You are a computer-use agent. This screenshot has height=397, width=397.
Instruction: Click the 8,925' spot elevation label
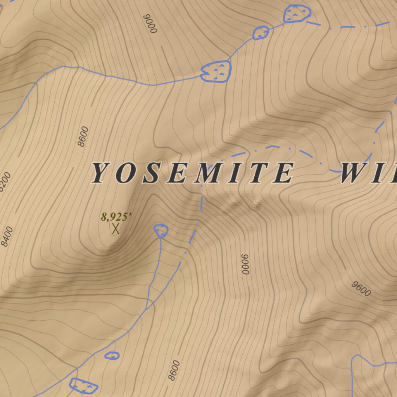tap(113, 216)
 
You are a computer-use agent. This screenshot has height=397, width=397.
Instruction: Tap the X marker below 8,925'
tap(115, 229)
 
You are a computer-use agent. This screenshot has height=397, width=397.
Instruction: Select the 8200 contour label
tap(5, 181)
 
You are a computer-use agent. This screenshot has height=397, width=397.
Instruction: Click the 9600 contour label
tap(361, 289)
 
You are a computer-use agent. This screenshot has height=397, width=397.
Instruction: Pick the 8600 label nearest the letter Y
tap(83, 136)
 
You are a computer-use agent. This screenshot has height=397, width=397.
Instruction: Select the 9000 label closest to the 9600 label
tap(245, 264)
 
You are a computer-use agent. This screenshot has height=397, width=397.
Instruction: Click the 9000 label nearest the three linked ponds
tap(151, 24)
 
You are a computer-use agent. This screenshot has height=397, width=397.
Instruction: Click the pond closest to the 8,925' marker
tap(161, 231)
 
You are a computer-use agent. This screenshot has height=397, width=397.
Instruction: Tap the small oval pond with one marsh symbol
tap(112, 355)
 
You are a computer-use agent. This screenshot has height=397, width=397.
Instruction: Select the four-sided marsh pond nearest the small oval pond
tap(83, 385)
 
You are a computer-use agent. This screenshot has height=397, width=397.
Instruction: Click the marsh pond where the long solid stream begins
tap(216, 71)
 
